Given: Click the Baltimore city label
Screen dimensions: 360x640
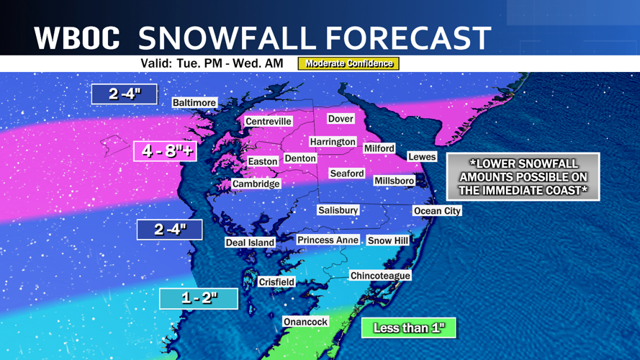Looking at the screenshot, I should pos(194,103).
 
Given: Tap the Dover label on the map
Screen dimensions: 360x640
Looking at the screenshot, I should pos(341,119).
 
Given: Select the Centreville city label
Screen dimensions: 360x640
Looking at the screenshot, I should pos(269,122).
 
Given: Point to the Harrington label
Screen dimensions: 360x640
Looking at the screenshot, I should pos(333,142).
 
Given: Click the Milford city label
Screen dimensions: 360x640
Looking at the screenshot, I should pos(379,148).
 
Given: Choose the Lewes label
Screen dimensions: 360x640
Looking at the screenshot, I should pos(422,156).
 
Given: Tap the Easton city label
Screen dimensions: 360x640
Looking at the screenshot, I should pos(263,162).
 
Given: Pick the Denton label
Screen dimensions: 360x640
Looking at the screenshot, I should pos(300,158).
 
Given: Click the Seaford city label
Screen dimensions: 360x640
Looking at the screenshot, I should pos(347,174).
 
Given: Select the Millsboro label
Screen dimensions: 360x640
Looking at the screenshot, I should pos(395,181).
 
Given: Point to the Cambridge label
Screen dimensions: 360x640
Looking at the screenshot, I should pos(256,184).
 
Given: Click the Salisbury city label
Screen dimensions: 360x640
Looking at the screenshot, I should pos(338,210).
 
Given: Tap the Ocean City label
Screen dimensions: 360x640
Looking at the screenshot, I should pos(437,211).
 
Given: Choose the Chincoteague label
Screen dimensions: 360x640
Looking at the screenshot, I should pos(380,276).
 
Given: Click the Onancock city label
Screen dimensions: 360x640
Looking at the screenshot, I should pos(306,322).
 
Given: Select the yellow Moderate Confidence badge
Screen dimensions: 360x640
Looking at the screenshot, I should pos(348,63).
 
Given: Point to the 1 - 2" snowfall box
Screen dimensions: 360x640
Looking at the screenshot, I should pos(199,298).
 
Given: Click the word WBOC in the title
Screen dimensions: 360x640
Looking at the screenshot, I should pos(77,37).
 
